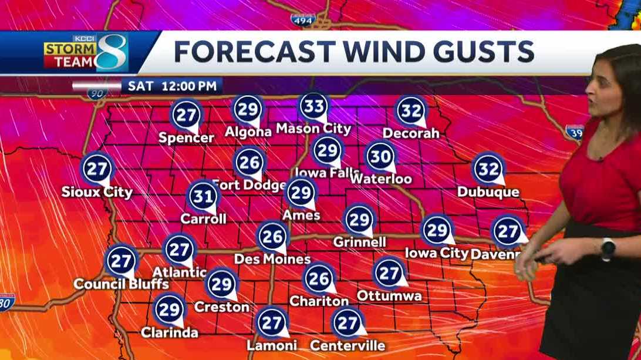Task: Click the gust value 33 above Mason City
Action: [x=313, y=106]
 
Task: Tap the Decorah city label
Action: [x=411, y=133]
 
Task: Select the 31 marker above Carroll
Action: [x=203, y=196]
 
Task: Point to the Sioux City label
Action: [x=97, y=192]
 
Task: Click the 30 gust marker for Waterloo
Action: [x=380, y=156]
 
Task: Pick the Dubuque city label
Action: [x=488, y=192]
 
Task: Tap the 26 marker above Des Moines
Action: [x=272, y=236]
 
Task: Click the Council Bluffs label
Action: [x=121, y=284]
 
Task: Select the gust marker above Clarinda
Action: [x=169, y=309]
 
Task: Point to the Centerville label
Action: [x=348, y=345]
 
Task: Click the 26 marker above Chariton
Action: [x=319, y=278]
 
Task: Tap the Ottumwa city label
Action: [x=389, y=296]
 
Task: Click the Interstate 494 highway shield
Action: [x=303, y=19]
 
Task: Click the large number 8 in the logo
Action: [x=112, y=53]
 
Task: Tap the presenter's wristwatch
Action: [x=608, y=248]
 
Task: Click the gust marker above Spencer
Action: [x=186, y=115]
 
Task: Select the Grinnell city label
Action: [x=359, y=242]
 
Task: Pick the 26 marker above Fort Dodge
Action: [x=249, y=162]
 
